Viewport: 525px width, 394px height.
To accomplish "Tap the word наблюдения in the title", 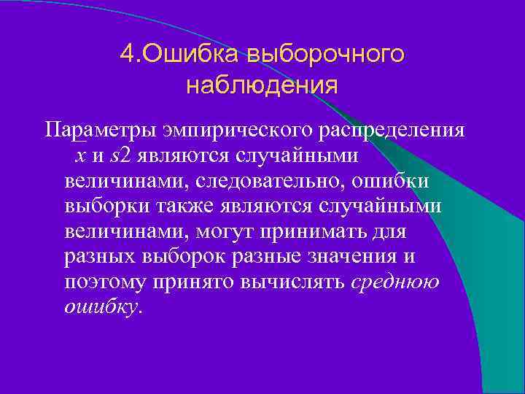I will point(262,85).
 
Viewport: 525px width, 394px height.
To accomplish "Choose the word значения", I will point(347,258).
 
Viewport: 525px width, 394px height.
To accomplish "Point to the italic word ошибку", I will point(101,308).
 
